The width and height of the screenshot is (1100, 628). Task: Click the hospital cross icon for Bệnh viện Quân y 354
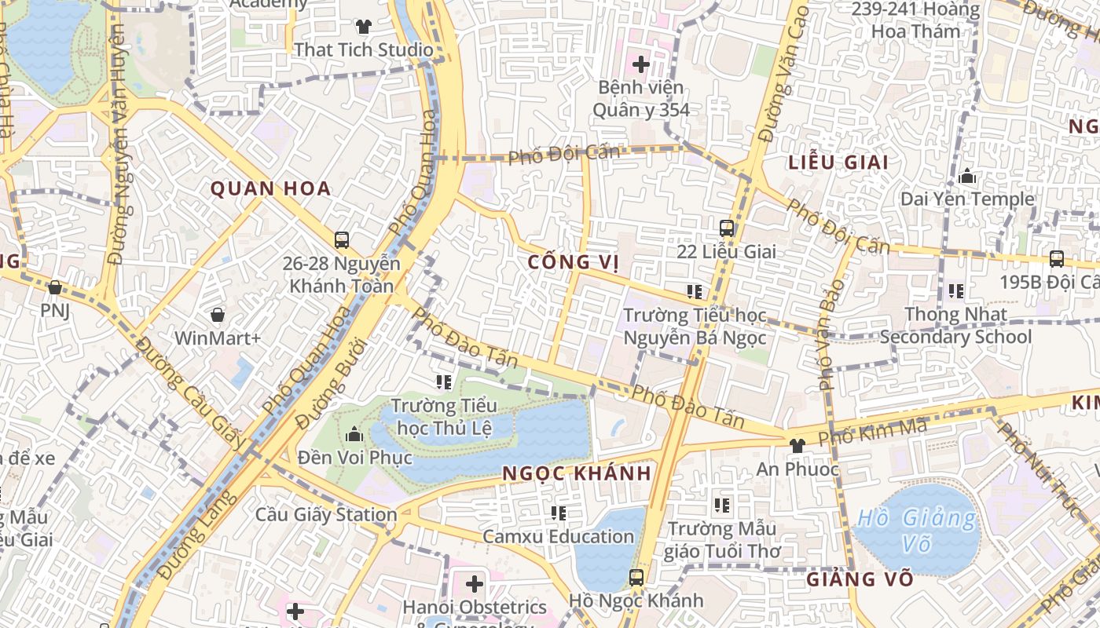[641, 64]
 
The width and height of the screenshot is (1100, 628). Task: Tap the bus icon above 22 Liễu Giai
[727, 228]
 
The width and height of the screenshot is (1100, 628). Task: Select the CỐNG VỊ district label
[569, 261]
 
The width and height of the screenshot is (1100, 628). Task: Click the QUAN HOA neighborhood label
[270, 188]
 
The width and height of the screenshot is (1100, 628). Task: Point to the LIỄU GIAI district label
[838, 162]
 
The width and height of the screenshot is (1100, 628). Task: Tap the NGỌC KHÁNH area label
[577, 473]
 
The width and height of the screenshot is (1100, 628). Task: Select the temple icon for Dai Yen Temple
[967, 177]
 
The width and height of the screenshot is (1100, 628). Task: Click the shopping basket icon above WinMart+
[218, 315]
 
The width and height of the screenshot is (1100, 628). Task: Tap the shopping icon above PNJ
[55, 288]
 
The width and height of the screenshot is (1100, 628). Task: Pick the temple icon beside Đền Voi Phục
[354, 433]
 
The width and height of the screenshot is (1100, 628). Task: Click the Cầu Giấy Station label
[326, 515]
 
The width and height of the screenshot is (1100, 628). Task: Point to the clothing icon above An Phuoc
[797, 446]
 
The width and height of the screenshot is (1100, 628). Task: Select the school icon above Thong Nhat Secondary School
[956, 291]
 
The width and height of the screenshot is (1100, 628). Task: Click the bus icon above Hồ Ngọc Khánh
[636, 578]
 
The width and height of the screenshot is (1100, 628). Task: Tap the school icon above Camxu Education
[559, 513]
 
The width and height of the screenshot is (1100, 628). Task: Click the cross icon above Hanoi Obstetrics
[475, 584]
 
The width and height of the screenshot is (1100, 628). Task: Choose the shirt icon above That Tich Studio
[363, 27]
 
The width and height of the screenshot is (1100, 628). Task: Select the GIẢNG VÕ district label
[860, 580]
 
